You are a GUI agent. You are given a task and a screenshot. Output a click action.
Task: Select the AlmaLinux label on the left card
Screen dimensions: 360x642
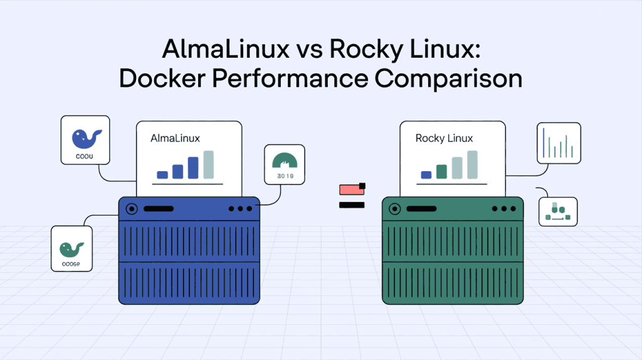[x=175, y=138]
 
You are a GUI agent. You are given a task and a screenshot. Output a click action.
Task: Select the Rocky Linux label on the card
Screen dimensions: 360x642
[x=444, y=138]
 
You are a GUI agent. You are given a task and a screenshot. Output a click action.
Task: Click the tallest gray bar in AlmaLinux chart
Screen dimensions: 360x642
[x=208, y=164]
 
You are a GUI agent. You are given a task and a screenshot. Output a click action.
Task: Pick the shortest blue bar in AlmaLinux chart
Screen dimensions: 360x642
[x=162, y=175]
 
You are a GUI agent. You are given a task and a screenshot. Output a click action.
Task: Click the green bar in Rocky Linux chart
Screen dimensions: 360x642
[x=441, y=171]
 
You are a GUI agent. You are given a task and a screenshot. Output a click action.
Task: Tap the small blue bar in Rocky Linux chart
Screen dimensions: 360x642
[x=426, y=175]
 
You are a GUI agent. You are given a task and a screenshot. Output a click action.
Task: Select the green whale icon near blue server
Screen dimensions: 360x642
[x=71, y=248]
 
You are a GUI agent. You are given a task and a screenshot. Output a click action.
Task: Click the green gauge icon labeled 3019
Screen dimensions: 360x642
[x=285, y=161]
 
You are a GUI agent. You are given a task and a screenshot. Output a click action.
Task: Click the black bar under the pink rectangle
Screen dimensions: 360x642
[x=352, y=205]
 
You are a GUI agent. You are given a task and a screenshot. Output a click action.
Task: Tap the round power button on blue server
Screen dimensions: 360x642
[x=132, y=209]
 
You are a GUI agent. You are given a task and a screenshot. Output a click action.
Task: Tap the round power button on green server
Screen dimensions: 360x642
[x=395, y=209]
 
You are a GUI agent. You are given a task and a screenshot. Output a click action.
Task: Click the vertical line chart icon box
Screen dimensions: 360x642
[x=559, y=142]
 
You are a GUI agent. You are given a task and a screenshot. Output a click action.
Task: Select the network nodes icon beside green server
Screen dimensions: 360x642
[x=558, y=211]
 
